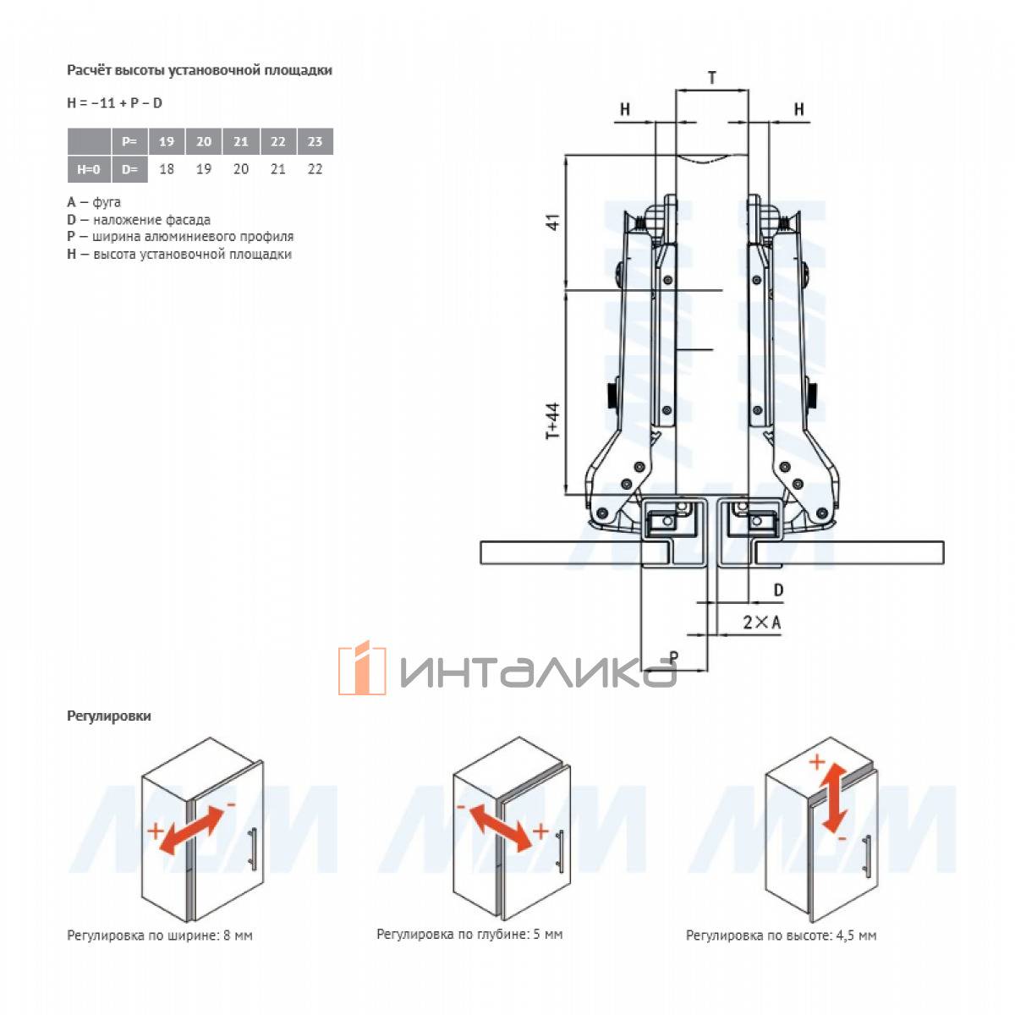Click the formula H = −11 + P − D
point(114,102)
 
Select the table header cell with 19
point(167,141)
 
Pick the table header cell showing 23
point(315,141)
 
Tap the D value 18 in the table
point(167,169)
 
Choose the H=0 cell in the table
point(89,169)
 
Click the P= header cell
point(129,141)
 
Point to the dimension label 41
point(553,222)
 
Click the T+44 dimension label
point(552,421)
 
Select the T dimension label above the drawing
point(712,78)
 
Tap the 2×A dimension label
point(761,623)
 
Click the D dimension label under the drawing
point(778,590)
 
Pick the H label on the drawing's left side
point(625,109)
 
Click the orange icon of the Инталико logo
point(362,668)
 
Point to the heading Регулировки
point(109,716)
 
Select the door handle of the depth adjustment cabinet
point(561,851)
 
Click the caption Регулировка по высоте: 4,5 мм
point(782,935)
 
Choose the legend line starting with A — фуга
point(94,202)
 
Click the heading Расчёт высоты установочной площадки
point(200,70)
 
